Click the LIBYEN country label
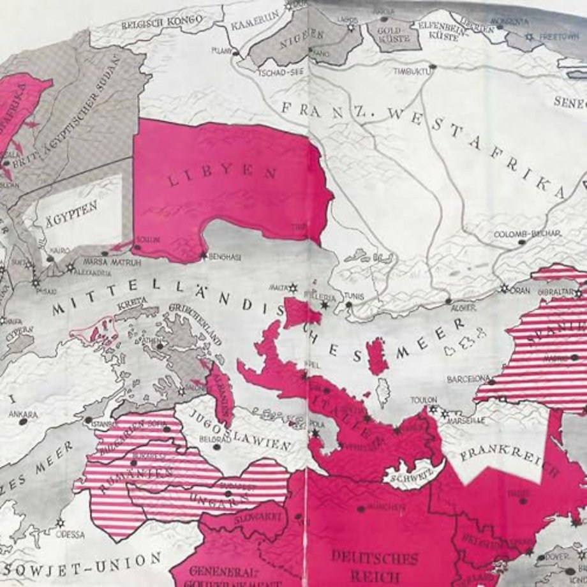223,177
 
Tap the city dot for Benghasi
204,256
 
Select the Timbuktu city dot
433,66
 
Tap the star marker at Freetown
528,38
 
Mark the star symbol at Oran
504,289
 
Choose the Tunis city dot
348,304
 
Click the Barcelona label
470,378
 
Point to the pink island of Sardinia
378,355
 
